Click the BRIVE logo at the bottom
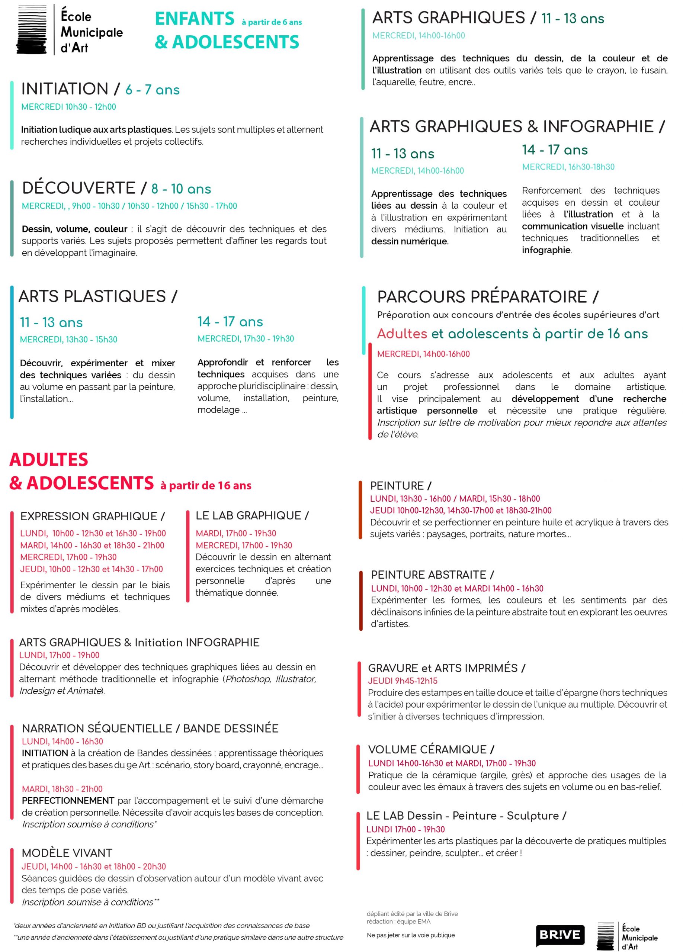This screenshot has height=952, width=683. pyautogui.click(x=560, y=935)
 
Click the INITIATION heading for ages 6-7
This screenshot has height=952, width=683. pyautogui.click(x=65, y=89)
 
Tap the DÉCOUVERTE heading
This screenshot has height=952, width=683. pyautogui.click(x=78, y=188)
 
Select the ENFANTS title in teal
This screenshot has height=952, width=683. pyautogui.click(x=194, y=19)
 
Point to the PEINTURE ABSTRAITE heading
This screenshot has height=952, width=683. pyautogui.click(x=432, y=575)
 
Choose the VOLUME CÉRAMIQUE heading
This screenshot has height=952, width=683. pyautogui.click(x=431, y=749)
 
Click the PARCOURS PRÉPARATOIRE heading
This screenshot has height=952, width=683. pyautogui.click(x=487, y=297)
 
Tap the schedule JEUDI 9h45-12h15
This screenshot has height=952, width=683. pyautogui.click(x=402, y=681)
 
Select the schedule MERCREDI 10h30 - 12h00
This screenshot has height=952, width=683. pyautogui.click(x=68, y=107)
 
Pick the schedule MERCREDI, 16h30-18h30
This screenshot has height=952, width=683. pyautogui.click(x=568, y=167)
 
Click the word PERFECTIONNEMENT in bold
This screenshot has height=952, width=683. pyautogui.click(x=68, y=801)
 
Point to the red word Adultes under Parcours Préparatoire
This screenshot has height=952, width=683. pyautogui.click(x=402, y=334)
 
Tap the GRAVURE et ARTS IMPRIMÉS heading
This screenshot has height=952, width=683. pyautogui.click(x=446, y=668)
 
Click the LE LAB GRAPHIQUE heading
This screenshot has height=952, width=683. pyautogui.click(x=252, y=515)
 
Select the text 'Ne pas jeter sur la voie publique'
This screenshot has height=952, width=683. pyautogui.click(x=410, y=935)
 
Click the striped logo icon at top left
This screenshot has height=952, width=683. pyautogui.click(x=31, y=30)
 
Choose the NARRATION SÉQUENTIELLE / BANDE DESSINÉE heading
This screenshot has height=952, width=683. pyautogui.click(x=150, y=728)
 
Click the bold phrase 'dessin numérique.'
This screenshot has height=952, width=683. pyautogui.click(x=409, y=241)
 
